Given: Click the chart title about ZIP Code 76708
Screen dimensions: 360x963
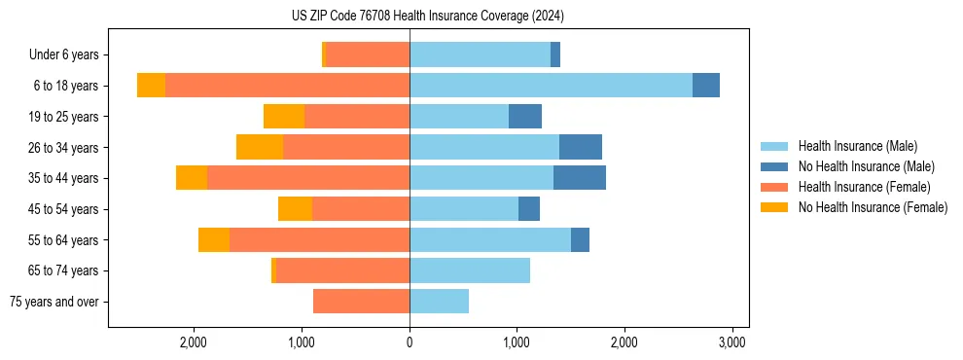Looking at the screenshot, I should (427, 16).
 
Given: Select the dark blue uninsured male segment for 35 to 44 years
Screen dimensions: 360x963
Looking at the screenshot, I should (580, 178).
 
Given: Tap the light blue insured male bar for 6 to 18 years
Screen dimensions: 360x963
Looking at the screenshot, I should (551, 86).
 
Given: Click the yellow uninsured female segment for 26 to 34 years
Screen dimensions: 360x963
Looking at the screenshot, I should (260, 147).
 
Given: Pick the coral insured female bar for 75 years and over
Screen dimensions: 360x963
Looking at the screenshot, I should (361, 302).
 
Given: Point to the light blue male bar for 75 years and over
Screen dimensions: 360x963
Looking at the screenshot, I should (439, 302).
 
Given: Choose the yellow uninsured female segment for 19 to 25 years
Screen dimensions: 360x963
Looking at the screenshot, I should (284, 117).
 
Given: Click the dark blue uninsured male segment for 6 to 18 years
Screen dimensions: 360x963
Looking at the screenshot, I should (706, 86).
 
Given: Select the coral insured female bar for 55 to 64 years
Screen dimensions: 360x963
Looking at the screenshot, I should (319, 240).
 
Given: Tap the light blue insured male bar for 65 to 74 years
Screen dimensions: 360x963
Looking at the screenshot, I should (470, 270).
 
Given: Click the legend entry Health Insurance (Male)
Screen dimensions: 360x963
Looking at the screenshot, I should (857, 146).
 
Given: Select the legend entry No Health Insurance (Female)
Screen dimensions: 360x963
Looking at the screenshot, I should (873, 207).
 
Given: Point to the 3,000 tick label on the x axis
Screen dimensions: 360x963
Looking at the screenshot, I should (731, 342).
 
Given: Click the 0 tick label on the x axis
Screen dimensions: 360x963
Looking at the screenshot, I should (410, 342).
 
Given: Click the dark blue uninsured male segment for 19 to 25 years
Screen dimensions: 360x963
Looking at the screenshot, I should (525, 117).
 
